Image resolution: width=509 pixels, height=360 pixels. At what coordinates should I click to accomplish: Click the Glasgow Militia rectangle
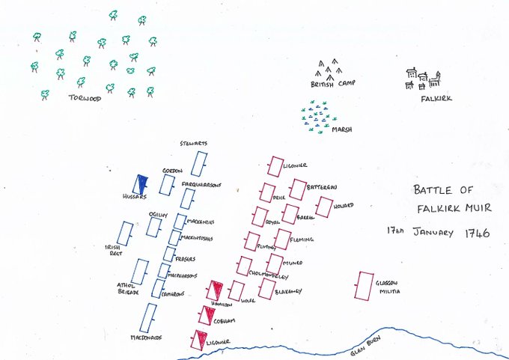pyautogui.click(x=365, y=286)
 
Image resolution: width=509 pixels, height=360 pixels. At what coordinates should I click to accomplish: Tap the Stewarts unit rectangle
pyautogui.click(x=198, y=164)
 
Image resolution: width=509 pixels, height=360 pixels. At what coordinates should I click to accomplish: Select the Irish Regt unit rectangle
pyautogui.click(x=125, y=234)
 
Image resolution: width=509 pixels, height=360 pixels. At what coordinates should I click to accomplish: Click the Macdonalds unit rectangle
pyautogui.click(x=149, y=317)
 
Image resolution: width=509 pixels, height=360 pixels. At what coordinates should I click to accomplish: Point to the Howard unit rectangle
pyautogui.click(x=323, y=207)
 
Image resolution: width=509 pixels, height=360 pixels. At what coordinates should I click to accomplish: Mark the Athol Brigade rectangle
pyautogui.click(x=140, y=272)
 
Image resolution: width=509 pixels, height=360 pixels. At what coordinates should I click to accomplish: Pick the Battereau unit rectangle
pyautogui.click(x=297, y=189)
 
